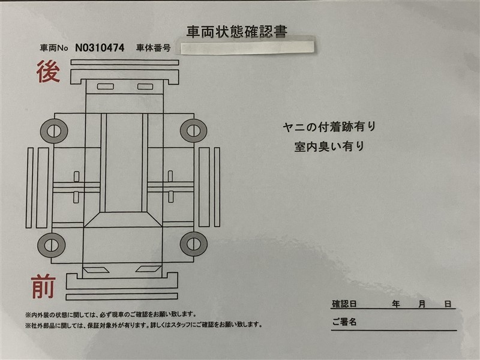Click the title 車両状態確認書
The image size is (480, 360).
pos(236,32)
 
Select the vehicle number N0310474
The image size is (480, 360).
pos(100,48)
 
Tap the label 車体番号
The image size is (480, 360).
pos(154,48)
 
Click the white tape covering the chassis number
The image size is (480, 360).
pos(247,48)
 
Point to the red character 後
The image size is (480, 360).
pos(48,71)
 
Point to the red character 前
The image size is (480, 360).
pos(43,286)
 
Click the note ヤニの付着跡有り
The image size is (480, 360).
pos(329,127)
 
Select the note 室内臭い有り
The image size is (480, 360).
pos(329,146)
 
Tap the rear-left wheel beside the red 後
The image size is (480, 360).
pos(54,131)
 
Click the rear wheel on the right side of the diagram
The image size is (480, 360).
pos(193,131)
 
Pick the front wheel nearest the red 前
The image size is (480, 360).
pos(51,245)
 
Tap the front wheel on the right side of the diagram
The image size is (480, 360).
pos(193,244)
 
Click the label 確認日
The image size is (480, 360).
pos(344,304)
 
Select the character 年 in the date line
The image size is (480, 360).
pos(396,304)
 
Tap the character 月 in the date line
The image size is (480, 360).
pos(422,304)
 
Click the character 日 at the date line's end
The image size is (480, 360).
pos(448,304)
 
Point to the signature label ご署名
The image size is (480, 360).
pos(344,322)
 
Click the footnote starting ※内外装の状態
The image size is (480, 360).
pos(110,314)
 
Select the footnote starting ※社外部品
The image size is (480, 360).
pos(144,325)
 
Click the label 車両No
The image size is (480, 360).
pos(54,48)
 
